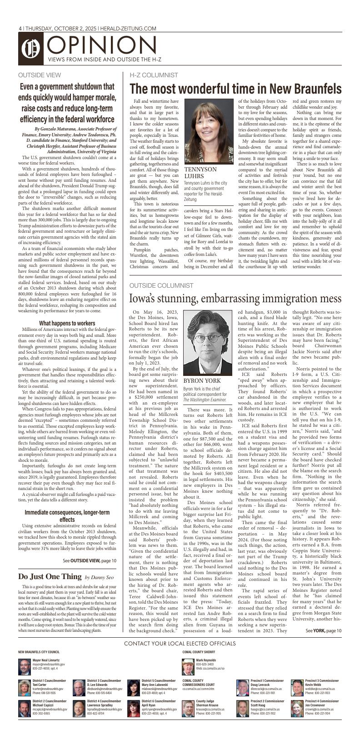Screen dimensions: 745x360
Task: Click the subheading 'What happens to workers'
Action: (x=67, y=323)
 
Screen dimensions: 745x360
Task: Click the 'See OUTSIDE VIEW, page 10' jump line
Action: (x=90, y=560)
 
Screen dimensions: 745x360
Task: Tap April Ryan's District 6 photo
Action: (x=134, y=708)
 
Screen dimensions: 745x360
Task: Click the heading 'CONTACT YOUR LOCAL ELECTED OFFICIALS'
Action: (x=180, y=643)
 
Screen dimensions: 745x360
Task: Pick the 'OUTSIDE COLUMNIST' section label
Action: (x=161, y=285)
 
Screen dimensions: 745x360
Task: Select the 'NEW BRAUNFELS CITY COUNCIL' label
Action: (x=39, y=652)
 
